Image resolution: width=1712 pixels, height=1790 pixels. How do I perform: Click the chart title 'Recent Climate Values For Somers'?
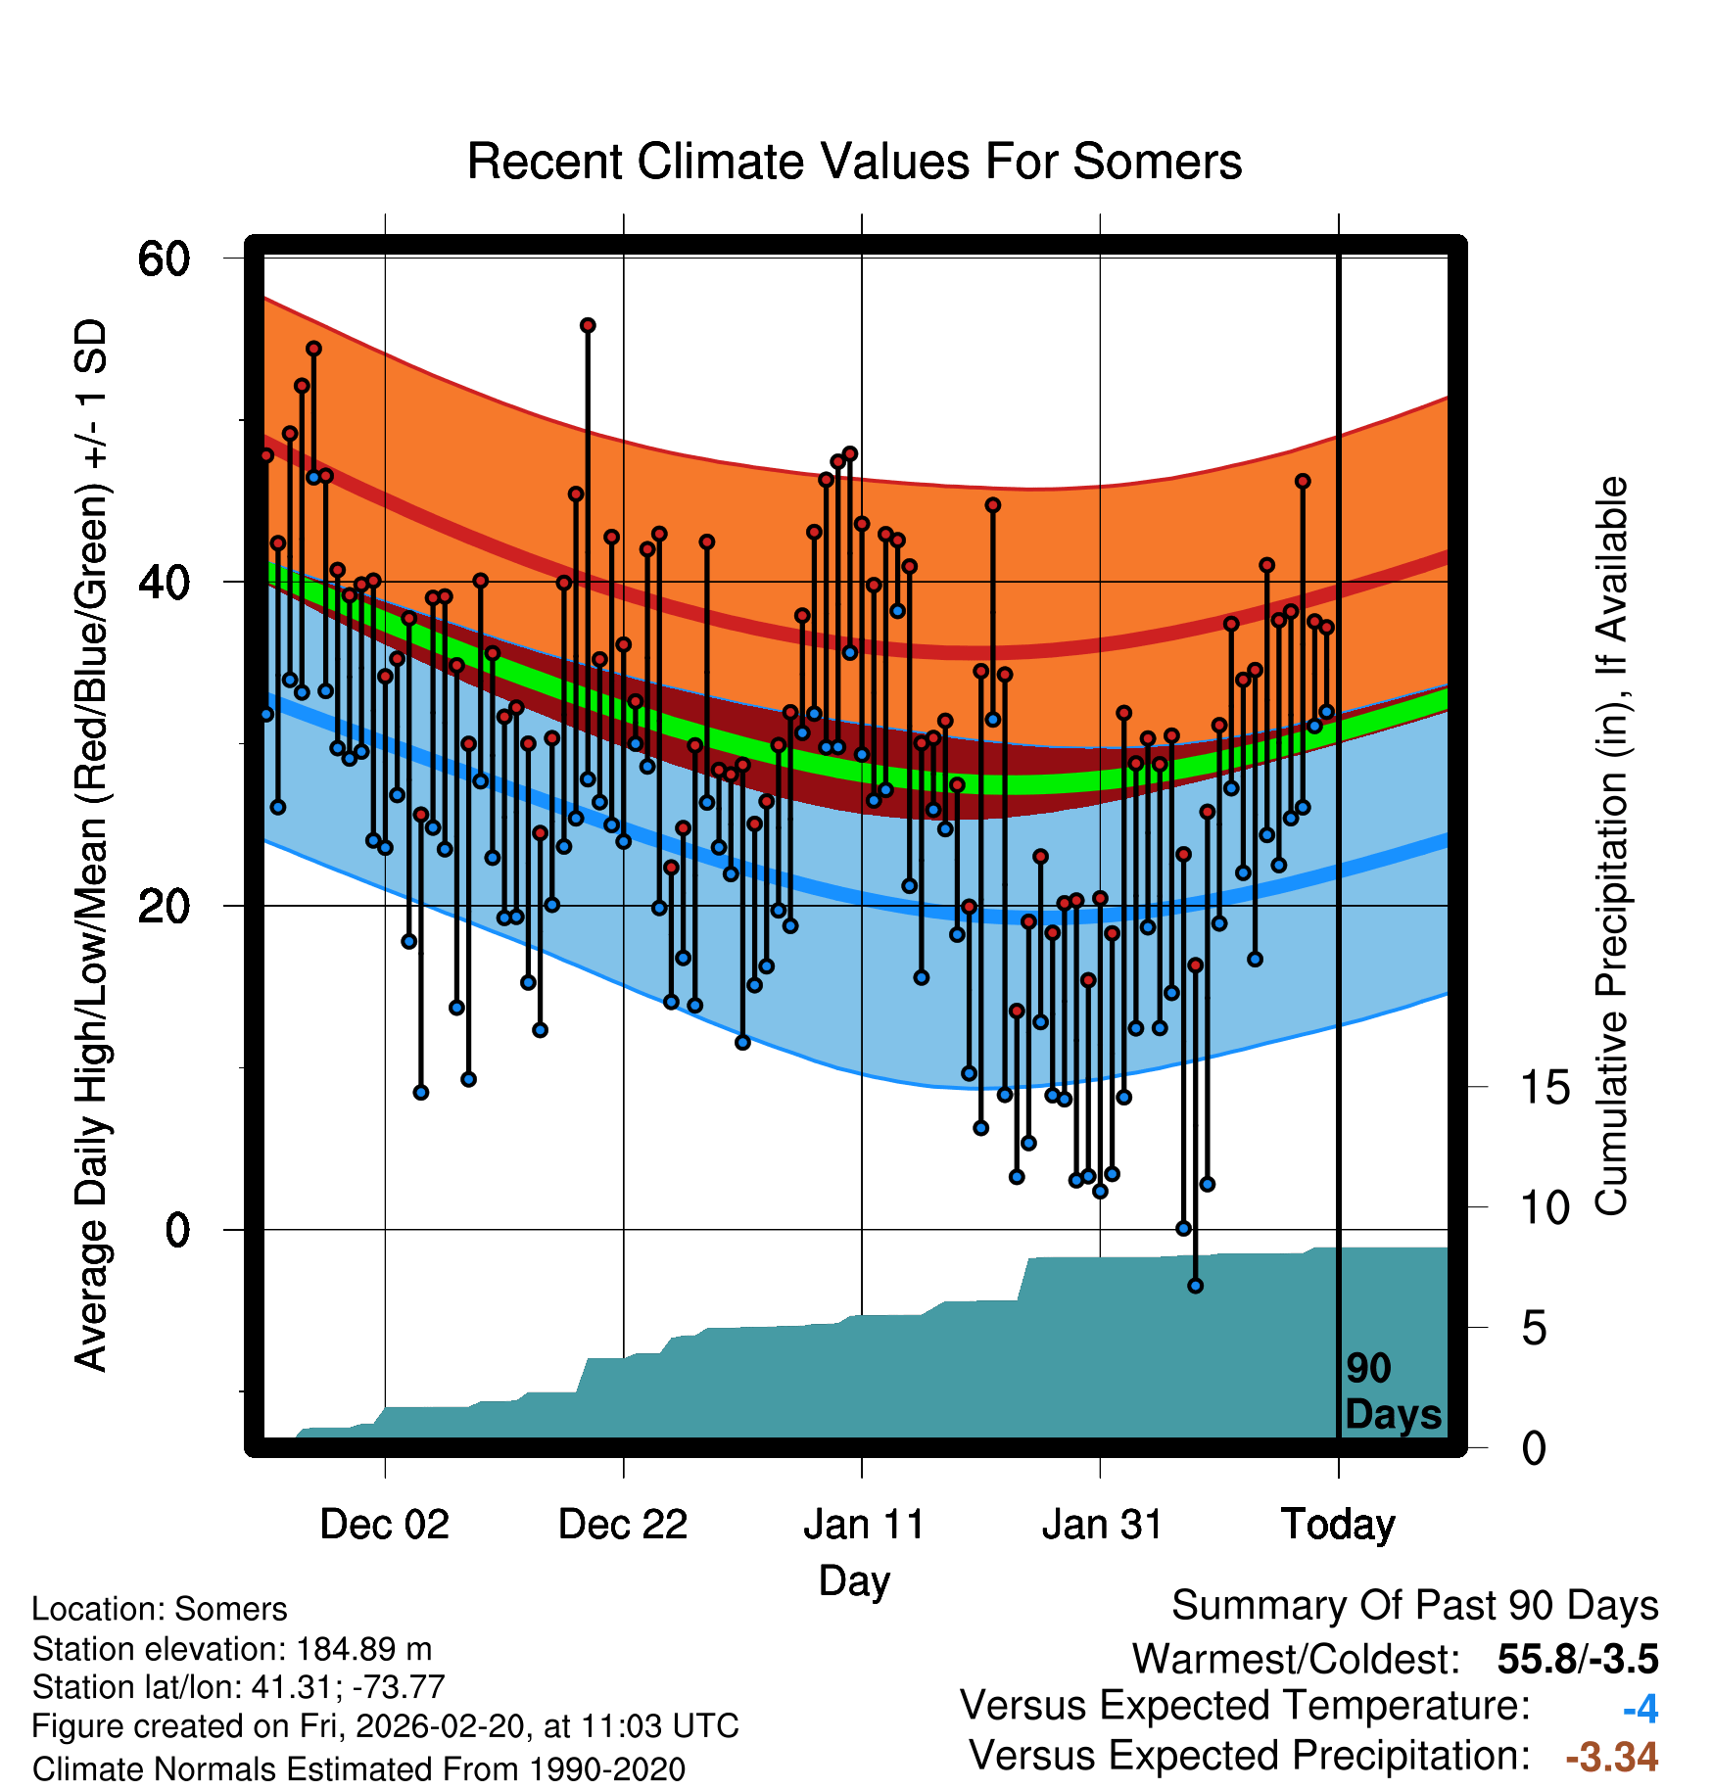(x=854, y=162)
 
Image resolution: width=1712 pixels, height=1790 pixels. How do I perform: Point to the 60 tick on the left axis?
(x=164, y=259)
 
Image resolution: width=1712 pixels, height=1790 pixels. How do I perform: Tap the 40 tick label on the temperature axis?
(x=164, y=583)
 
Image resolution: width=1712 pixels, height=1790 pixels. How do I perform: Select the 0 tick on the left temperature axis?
(x=177, y=1230)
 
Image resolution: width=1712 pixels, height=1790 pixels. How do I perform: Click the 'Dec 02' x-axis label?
(x=384, y=1525)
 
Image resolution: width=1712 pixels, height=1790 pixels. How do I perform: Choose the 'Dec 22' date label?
(x=623, y=1525)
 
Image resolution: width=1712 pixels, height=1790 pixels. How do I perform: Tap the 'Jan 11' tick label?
(x=863, y=1525)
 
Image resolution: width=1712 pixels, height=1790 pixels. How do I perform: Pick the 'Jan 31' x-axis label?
(x=1102, y=1525)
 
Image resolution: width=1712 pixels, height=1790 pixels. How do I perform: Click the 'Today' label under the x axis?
(x=1338, y=1525)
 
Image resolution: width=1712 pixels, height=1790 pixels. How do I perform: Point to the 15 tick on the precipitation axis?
(x=1545, y=1088)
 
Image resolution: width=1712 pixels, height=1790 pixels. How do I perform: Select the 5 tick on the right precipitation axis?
(x=1534, y=1329)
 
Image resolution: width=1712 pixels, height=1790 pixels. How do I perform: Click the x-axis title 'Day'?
(x=854, y=1580)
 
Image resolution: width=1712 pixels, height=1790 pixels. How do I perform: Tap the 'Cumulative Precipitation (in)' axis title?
(x=1611, y=847)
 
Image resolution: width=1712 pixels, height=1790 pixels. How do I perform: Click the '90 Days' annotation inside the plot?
(x=1392, y=1391)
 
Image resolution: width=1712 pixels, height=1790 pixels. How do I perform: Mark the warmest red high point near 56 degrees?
(x=588, y=325)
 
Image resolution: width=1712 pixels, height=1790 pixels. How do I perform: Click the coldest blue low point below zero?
(x=1195, y=1286)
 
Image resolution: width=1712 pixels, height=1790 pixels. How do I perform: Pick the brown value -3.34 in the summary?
(x=1611, y=1757)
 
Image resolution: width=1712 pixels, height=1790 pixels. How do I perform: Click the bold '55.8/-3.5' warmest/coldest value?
(x=1577, y=1659)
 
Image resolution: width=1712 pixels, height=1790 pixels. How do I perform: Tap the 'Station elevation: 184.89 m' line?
(x=232, y=1649)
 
